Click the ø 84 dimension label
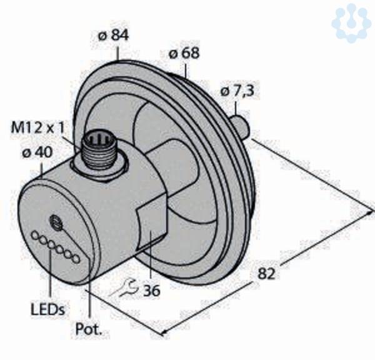click(113, 36)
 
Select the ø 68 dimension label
click(184, 53)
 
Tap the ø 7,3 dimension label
click(236, 91)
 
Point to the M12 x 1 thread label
click(37, 127)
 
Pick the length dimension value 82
click(266, 273)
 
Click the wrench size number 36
click(152, 291)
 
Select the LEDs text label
click(48, 309)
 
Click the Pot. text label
click(89, 329)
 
